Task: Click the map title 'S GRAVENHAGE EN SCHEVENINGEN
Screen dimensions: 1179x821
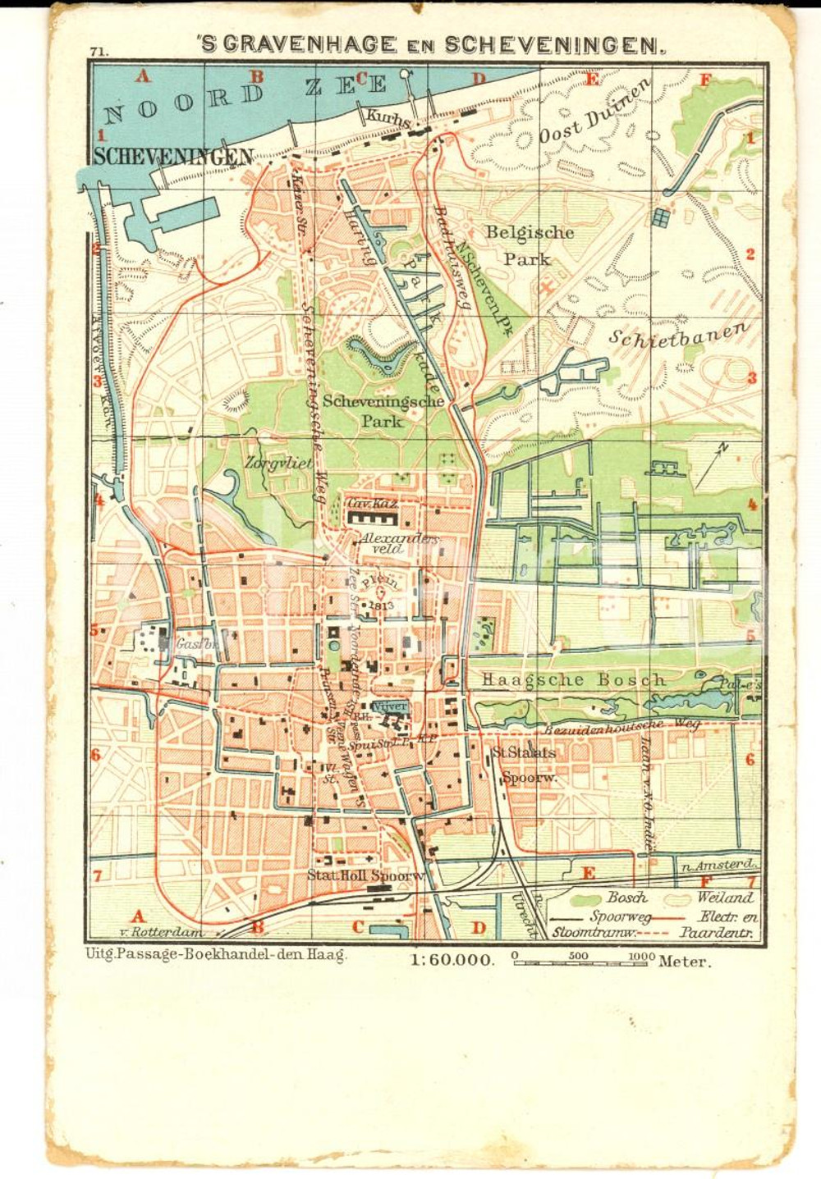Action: point(430,45)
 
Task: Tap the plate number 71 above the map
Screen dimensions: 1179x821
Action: point(99,52)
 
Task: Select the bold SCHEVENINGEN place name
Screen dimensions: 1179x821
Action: point(173,156)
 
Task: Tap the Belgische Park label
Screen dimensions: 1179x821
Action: point(529,245)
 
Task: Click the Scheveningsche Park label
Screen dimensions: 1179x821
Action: point(383,411)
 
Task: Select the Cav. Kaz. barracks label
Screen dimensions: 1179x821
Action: point(372,504)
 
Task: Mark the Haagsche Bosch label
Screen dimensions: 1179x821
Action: point(573,679)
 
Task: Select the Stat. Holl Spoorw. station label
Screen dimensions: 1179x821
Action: point(366,875)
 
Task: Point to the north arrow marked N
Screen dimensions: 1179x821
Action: point(711,465)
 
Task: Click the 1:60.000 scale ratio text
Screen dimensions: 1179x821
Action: point(452,960)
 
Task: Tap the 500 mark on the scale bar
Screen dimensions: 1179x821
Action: point(578,956)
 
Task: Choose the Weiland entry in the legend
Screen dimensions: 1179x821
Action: point(725,898)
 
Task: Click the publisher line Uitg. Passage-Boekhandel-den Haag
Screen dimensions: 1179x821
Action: point(216,954)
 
